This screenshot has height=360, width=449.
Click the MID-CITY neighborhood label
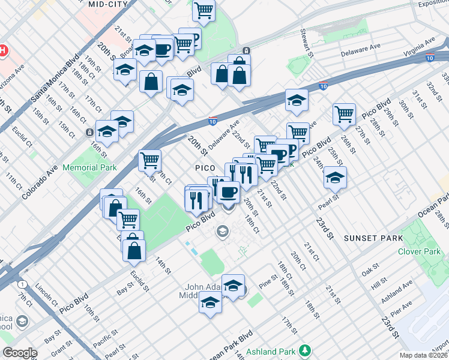[108, 4]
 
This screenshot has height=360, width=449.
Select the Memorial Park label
[89, 168]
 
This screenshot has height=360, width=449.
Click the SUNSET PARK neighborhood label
[373, 238]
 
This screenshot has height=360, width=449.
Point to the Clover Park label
[418, 251]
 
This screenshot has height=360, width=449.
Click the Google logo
[20, 353]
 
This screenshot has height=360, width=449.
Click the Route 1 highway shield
[22, 284]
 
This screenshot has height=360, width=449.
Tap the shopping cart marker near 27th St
[344, 114]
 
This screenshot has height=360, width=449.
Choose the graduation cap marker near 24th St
[335, 176]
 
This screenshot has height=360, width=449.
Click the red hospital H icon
[3, 50]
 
